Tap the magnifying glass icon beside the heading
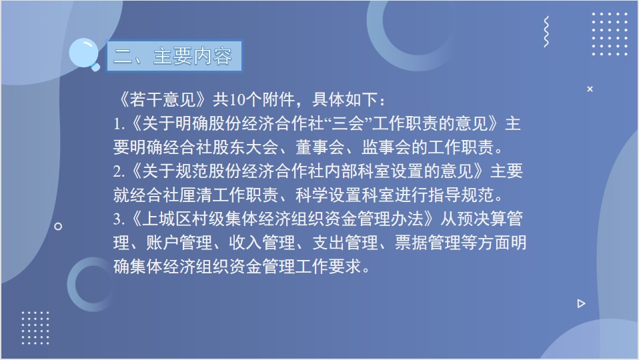point(84,54)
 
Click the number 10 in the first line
point(236,99)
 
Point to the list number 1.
point(119,124)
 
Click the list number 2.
point(119,171)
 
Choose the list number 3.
point(119,219)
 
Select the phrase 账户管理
point(179,243)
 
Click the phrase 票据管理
point(428,243)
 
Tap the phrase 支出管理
point(345,243)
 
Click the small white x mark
point(590,89)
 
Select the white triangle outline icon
point(581,303)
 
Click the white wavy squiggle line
point(546,32)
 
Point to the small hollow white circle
point(58,226)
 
